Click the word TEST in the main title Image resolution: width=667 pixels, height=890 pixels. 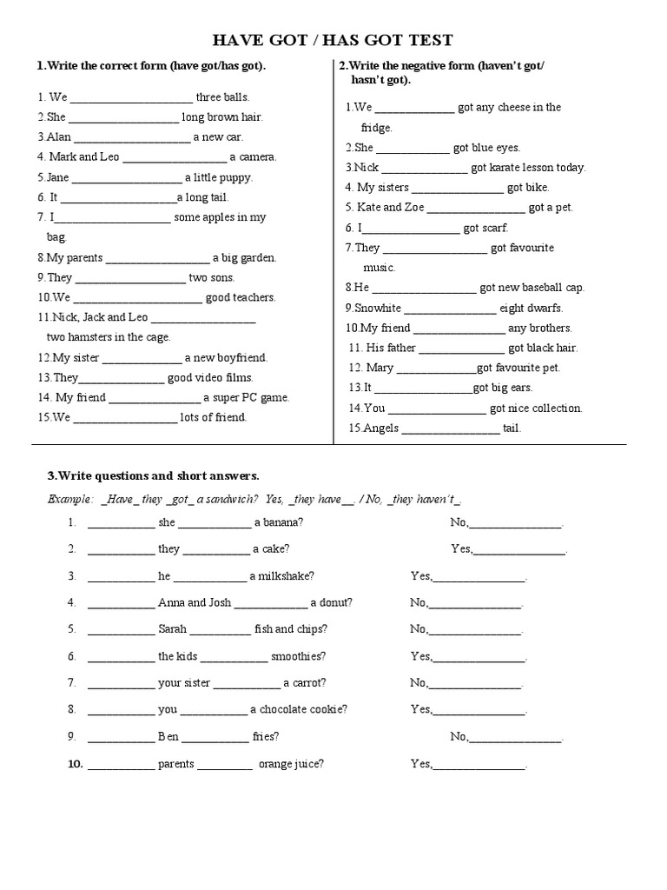[x=427, y=41]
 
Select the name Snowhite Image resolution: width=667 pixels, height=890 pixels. [x=377, y=308]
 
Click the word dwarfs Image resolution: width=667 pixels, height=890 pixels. [x=544, y=308]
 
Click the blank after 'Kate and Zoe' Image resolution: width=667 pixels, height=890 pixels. [x=476, y=208]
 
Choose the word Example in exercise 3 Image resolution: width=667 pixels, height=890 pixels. [x=69, y=499]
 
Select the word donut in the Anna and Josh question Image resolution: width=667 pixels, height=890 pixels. [x=336, y=602]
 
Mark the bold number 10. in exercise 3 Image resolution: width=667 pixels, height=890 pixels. [x=74, y=764]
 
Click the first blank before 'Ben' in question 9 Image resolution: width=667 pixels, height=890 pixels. [x=121, y=737]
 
